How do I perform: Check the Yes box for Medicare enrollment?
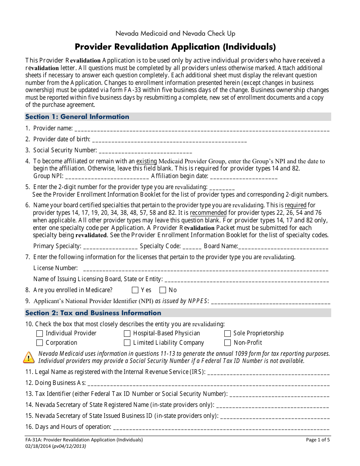135,290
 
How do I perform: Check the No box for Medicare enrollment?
163,290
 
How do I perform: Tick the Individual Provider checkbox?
39,333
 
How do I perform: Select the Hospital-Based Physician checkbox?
127,333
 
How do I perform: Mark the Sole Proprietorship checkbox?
227,333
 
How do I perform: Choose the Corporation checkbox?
39,343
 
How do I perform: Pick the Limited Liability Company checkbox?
127,343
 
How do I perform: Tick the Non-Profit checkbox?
227,343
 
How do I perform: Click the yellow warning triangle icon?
29,357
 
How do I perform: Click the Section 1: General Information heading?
77,117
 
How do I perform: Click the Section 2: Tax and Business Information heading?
93,313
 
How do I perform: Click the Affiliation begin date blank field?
244,177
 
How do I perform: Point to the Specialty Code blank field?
192,247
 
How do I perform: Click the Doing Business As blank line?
208,383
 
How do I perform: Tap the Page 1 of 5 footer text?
318,440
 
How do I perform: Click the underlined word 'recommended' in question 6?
208,213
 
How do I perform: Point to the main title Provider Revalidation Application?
175,47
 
